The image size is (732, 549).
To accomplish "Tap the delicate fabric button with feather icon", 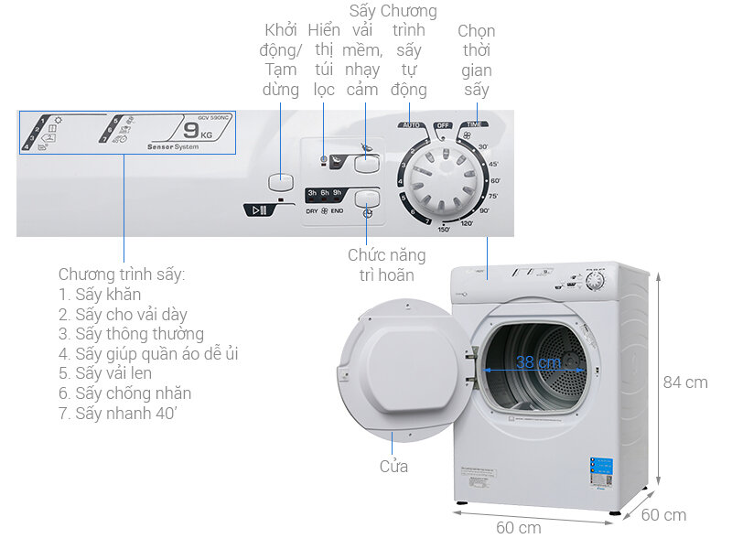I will (x=367, y=162).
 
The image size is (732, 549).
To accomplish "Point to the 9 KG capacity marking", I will (x=210, y=134).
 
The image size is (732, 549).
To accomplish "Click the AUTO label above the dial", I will (x=411, y=124).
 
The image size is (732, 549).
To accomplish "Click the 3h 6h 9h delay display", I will (x=325, y=194).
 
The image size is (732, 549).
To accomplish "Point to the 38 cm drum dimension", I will (x=537, y=362).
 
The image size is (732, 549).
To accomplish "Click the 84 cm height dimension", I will (x=685, y=382).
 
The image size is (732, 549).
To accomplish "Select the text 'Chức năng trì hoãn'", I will (x=381, y=264).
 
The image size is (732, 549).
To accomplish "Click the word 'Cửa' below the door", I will (x=393, y=467).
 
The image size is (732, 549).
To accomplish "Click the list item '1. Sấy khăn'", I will (x=100, y=294).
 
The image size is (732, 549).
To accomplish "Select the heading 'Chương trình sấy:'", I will (x=122, y=274).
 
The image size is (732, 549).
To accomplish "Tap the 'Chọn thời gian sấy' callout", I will (x=476, y=59).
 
